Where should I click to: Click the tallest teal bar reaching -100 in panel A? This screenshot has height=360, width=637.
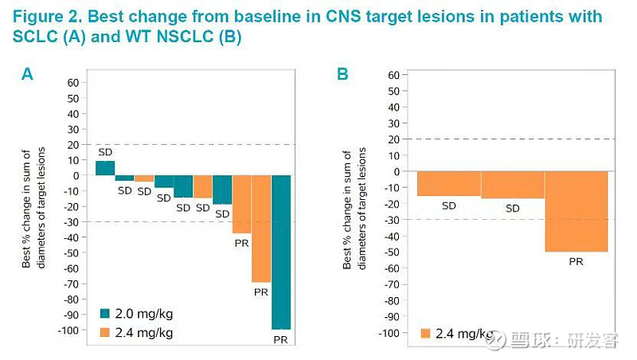click(281, 252)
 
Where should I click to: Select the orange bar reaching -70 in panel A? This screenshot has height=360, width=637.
click(261, 229)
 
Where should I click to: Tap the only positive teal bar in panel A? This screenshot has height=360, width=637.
click(105, 168)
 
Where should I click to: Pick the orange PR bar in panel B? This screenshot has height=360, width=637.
click(576, 211)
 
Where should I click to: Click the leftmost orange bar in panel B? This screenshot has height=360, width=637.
click(449, 183)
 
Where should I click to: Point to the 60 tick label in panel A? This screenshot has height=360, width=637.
click(74, 82)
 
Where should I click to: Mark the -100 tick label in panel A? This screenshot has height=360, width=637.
click(69, 330)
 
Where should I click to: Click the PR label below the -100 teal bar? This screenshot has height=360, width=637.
click(280, 340)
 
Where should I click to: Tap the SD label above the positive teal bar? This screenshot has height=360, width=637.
click(105, 151)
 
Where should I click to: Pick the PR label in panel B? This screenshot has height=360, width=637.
click(576, 260)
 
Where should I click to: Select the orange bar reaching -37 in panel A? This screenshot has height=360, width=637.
click(241, 204)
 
